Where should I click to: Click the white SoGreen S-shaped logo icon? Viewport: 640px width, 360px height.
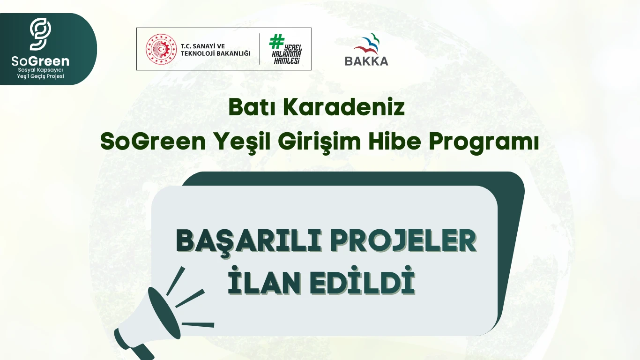pyautogui.click(x=40, y=34)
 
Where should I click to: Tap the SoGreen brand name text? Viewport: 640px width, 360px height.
pyautogui.click(x=40, y=61)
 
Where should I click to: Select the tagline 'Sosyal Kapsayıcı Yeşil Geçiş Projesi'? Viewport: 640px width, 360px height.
pyautogui.click(x=40, y=73)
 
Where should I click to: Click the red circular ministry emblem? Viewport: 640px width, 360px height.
pyautogui.click(x=160, y=49)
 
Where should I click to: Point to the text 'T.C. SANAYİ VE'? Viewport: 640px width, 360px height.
pyautogui.click(x=203, y=46)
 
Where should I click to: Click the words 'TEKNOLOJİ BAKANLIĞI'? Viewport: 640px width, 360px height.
pyautogui.click(x=216, y=53)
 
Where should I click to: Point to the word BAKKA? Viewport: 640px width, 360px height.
pyautogui.click(x=366, y=61)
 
